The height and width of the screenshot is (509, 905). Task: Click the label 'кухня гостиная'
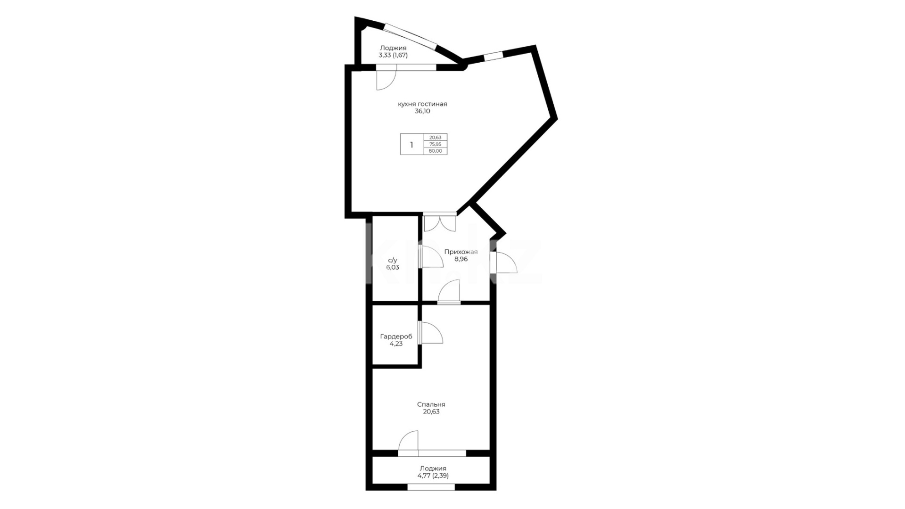coord(422,104)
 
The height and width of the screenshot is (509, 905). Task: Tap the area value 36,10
coord(422,112)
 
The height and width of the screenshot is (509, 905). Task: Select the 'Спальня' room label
coord(431,404)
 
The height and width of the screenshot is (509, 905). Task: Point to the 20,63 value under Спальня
coord(431,411)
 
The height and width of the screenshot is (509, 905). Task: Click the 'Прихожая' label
coord(461,252)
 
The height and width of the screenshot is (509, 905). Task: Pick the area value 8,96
coord(461,259)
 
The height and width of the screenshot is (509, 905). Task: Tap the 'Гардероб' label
coord(396,337)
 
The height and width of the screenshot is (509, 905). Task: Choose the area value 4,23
coord(396,344)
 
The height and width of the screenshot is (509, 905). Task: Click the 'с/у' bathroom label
coord(393,260)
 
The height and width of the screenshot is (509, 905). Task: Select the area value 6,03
coord(393,267)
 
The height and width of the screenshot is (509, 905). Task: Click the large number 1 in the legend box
coord(411,145)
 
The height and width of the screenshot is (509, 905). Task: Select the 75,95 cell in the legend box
coord(435,144)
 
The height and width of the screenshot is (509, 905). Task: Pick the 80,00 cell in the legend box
coord(435,151)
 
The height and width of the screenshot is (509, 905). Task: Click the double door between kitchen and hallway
coord(440,222)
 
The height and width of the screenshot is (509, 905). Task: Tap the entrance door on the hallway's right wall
coord(503,263)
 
